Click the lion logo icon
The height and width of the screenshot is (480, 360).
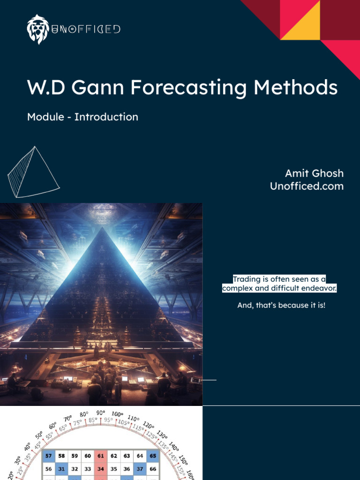point(38,29)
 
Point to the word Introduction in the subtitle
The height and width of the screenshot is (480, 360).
point(106,117)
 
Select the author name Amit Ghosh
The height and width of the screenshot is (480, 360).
point(314,173)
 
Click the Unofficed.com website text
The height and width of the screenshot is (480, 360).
point(307,186)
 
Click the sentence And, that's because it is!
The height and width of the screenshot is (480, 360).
point(281,306)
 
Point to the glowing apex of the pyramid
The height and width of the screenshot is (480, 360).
point(101,230)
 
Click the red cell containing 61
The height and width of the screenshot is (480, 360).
point(101,455)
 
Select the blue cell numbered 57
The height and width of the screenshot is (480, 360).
point(49,455)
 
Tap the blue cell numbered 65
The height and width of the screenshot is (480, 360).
point(153,455)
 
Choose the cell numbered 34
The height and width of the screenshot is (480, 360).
point(101,468)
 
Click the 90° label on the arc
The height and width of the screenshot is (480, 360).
point(101,412)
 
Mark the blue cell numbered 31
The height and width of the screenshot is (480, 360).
point(61,468)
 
